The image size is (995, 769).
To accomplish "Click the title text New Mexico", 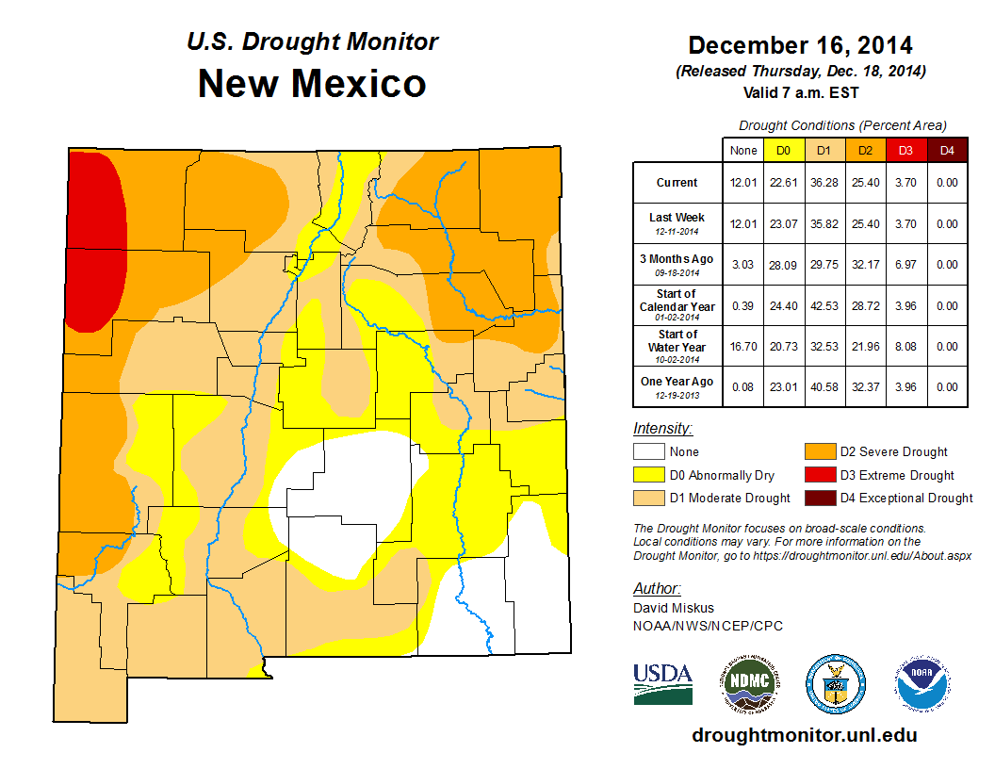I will coord(312,83).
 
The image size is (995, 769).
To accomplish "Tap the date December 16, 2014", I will coord(800,44).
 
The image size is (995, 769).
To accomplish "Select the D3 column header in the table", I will coord(905,150).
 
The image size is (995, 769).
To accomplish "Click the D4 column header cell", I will coord(947,150).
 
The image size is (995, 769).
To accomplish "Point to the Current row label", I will coord(677,183).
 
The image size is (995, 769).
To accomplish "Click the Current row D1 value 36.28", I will coord(824,183).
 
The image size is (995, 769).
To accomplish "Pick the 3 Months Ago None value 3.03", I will coord(742,266).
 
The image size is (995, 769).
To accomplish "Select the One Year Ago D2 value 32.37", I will coord(864,386).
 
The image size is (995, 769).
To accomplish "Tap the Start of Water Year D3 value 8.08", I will coord(905,346).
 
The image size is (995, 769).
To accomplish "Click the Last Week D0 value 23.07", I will coord(783,224).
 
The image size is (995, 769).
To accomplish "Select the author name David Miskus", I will coord(673,608).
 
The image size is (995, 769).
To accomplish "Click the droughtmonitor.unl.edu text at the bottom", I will coord(804,735).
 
